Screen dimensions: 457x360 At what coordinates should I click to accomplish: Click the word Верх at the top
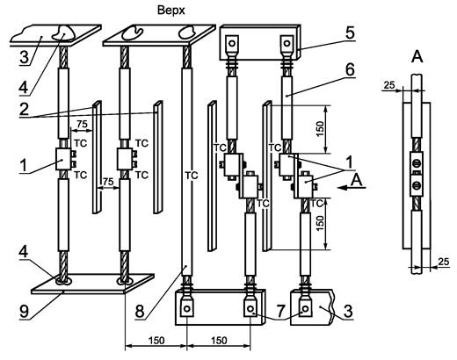coord(171,11)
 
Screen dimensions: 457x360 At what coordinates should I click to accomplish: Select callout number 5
coord(349,32)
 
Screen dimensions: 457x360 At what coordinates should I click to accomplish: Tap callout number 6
coord(350,70)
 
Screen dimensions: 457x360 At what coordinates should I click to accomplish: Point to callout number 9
coord(24,311)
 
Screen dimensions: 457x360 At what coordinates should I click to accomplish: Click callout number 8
coord(140,311)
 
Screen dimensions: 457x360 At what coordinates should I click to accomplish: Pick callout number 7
coord(280,311)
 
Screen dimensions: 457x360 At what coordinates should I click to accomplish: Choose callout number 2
coord(24,109)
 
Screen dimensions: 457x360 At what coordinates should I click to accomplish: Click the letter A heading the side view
coord(417,56)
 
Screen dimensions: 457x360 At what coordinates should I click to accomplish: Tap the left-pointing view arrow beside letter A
coord(352,188)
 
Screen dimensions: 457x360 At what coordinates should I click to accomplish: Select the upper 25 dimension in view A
coord(389,85)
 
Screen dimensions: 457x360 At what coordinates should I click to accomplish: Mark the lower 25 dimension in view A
coord(444,262)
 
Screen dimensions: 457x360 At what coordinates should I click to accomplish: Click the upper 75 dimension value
coord(82,125)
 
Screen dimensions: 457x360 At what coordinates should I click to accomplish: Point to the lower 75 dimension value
coord(108,182)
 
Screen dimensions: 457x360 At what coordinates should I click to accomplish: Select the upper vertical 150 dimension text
coord(320,129)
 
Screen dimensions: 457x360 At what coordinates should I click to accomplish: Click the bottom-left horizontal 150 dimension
coord(156,341)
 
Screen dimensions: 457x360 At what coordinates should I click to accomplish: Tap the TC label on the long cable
coord(192,176)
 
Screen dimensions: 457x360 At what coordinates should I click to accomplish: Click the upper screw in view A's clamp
coord(416,162)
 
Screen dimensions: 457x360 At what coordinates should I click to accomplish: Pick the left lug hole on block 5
coord(232,44)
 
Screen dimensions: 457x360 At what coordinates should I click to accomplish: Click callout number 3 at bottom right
coord(348,311)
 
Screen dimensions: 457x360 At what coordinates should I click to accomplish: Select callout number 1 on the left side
coord(24,166)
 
